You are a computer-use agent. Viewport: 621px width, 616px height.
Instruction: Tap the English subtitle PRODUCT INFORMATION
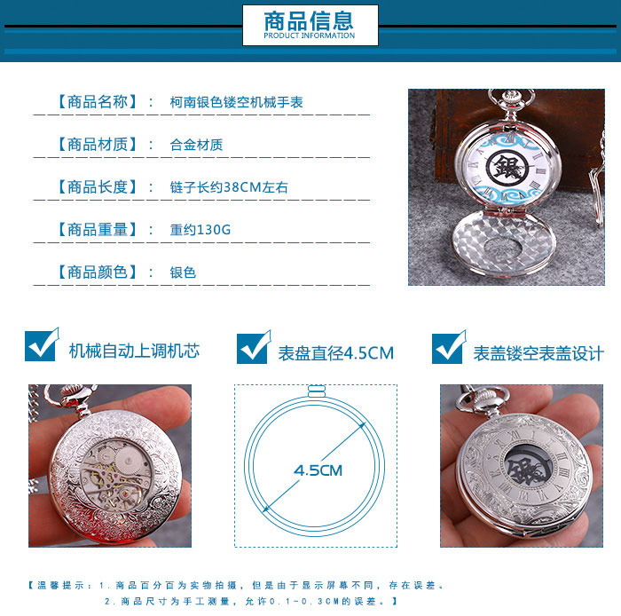310,36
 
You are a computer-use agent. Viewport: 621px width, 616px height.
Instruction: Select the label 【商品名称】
98,102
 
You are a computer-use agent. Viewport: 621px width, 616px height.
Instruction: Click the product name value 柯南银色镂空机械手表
237,102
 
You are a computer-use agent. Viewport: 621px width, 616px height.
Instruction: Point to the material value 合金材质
196,145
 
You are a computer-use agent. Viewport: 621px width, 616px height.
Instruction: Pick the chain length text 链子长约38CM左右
229,187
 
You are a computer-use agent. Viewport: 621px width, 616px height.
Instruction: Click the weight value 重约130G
200,229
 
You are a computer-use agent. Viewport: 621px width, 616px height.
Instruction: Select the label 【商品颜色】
98,272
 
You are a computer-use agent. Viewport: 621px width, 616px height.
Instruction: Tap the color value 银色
183,272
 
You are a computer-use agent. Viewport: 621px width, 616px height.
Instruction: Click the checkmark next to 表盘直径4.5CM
254,347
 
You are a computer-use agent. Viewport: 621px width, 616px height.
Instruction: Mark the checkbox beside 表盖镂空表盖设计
449,347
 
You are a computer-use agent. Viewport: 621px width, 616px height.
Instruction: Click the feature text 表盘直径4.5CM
336,353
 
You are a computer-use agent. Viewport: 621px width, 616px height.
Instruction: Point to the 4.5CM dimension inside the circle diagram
318,470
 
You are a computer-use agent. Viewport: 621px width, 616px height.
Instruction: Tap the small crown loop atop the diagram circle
317,391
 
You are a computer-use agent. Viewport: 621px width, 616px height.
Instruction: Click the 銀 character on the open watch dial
507,167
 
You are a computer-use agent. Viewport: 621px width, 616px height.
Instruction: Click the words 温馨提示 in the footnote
60,586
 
